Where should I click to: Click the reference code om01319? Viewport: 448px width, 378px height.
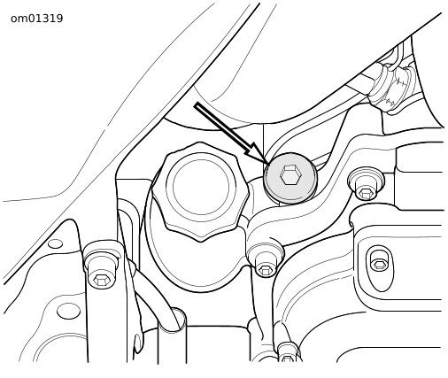click(x=37, y=19)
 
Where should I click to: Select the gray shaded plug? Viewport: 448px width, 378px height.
click(x=290, y=178)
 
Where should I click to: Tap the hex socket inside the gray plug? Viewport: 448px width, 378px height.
click(x=290, y=175)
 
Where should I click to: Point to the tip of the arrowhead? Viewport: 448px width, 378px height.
click(x=268, y=165)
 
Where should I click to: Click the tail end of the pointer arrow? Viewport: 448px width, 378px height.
click(x=196, y=105)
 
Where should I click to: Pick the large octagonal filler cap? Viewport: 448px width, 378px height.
click(x=200, y=191)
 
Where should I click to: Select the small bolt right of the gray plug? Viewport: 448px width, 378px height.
click(x=366, y=185)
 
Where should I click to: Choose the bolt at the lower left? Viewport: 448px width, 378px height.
click(x=103, y=266)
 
